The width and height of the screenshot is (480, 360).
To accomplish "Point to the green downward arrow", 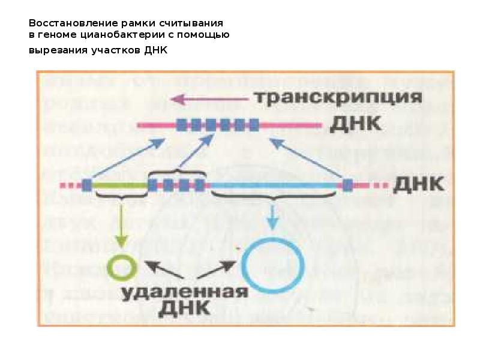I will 121,225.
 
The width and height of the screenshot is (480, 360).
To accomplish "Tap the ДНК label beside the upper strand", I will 355,125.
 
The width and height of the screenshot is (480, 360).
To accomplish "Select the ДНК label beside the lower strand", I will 418,184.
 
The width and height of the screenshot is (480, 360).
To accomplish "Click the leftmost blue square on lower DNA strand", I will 88,185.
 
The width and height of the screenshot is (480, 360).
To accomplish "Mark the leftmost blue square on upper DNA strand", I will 181,125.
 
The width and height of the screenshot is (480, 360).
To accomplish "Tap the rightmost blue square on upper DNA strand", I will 254,125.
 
